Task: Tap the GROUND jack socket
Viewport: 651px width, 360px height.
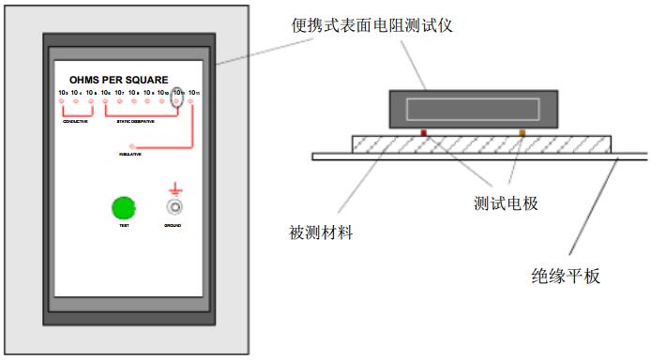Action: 174,207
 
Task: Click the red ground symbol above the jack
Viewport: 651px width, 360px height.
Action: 174,187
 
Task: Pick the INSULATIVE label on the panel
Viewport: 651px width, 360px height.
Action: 130,154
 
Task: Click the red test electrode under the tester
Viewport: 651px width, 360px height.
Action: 424,133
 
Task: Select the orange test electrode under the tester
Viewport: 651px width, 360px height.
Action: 522,133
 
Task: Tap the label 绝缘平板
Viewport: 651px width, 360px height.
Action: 566,276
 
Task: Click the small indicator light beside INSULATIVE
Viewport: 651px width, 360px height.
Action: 132,146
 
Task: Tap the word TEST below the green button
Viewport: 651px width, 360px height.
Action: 124,227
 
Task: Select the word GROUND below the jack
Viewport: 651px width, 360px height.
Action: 174,227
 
